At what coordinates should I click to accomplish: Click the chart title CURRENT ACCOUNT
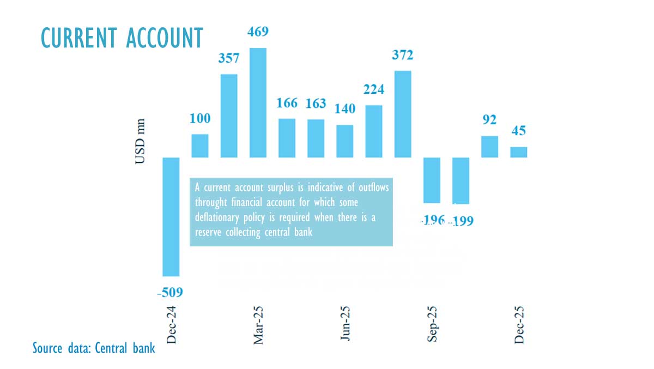click(x=122, y=38)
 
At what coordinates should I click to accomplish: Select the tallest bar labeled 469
click(x=258, y=102)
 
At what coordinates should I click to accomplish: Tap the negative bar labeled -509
click(x=171, y=216)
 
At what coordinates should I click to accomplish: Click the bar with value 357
click(x=229, y=116)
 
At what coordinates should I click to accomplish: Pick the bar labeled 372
click(x=403, y=114)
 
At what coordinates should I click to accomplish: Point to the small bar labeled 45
click(x=518, y=152)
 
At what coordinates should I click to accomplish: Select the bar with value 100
click(x=200, y=146)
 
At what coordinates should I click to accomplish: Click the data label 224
click(x=373, y=90)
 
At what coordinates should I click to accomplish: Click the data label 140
click(x=344, y=108)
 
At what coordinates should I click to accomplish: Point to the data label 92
click(x=489, y=120)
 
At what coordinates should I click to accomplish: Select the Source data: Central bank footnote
click(x=94, y=348)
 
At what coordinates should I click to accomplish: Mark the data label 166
click(x=287, y=103)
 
